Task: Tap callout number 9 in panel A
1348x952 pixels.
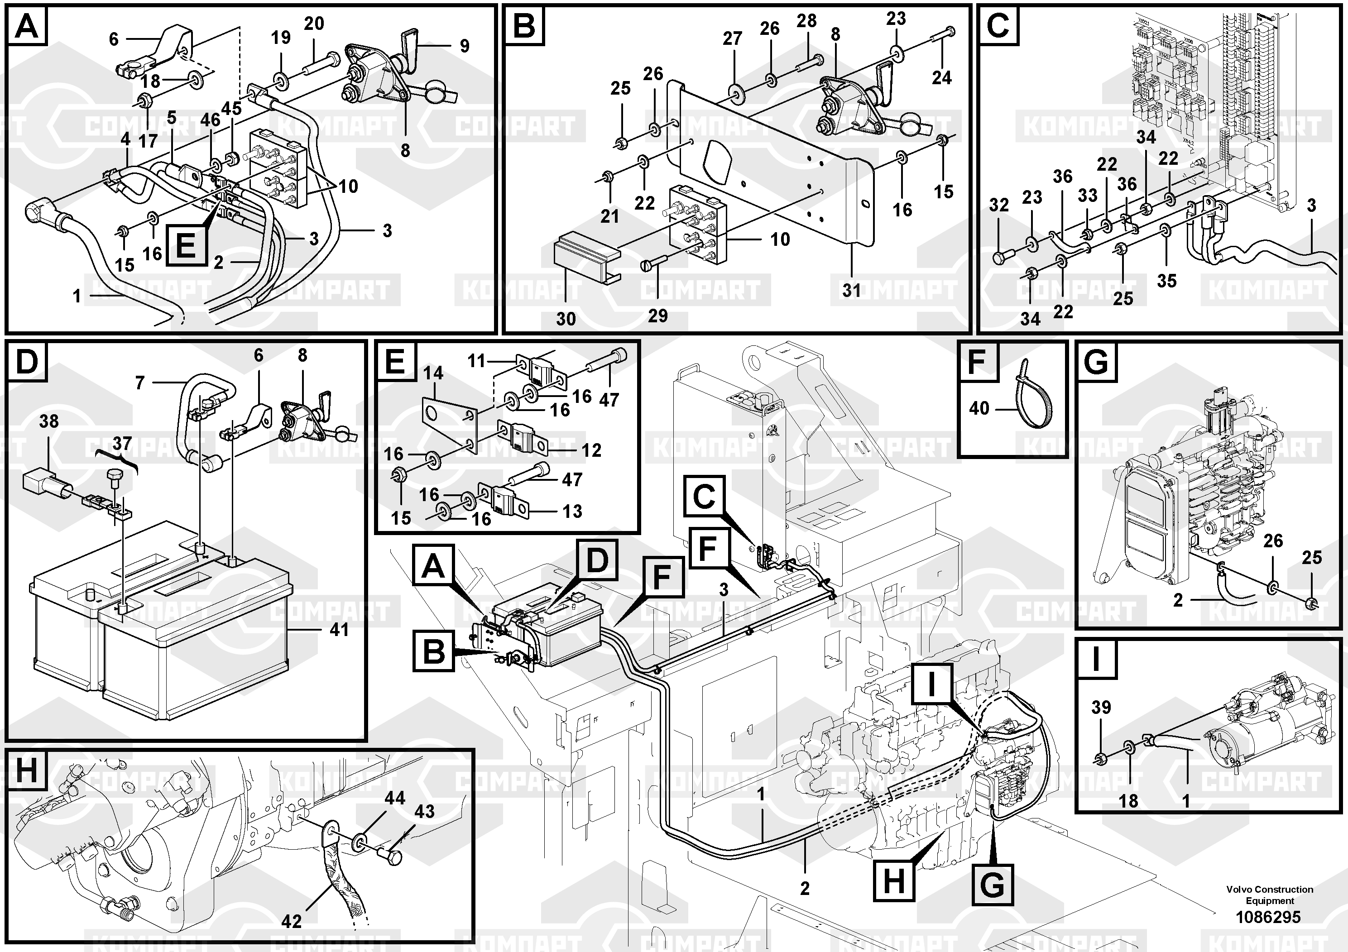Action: point(465,46)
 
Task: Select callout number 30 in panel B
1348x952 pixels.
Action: point(566,319)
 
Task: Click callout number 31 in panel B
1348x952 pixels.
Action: point(851,290)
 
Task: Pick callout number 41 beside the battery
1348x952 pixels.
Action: point(339,630)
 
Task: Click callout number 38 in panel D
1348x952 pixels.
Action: point(49,421)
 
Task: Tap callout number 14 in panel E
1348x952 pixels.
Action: point(433,373)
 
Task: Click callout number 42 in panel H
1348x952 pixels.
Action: point(291,921)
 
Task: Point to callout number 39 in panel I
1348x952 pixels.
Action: point(1101,707)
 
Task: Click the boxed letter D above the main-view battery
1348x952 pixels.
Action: point(597,560)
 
